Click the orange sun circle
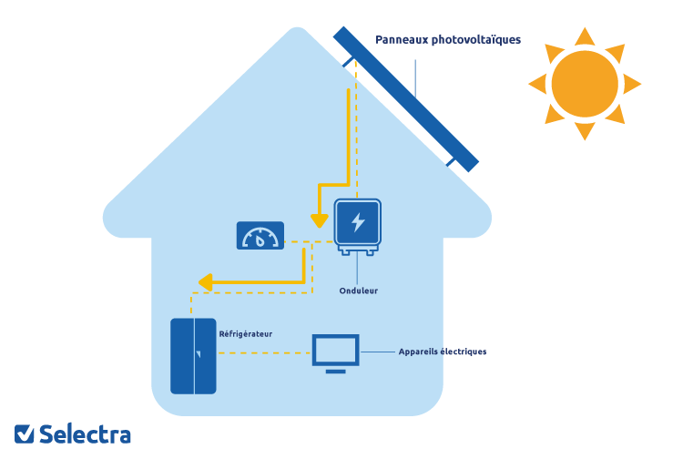pyautogui.click(x=585, y=83)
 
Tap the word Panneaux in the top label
pyautogui.click(x=403, y=40)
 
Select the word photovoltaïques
pyautogui.click(x=476, y=40)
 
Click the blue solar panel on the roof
pyautogui.click(x=405, y=98)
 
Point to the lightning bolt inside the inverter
pyautogui.click(x=357, y=222)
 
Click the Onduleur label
pyautogui.click(x=357, y=291)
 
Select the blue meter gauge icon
pyautogui.click(x=260, y=236)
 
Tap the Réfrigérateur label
pyautogui.click(x=245, y=333)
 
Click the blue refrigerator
pyautogui.click(x=193, y=355)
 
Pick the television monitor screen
pyautogui.click(x=335, y=350)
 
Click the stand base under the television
pyautogui.click(x=335, y=371)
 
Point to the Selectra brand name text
pyautogui.click(x=85, y=434)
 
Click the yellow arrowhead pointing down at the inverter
pyautogui.click(x=319, y=221)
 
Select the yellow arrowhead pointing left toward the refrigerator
pyautogui.click(x=205, y=282)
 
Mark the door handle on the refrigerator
pyautogui.click(x=198, y=352)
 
